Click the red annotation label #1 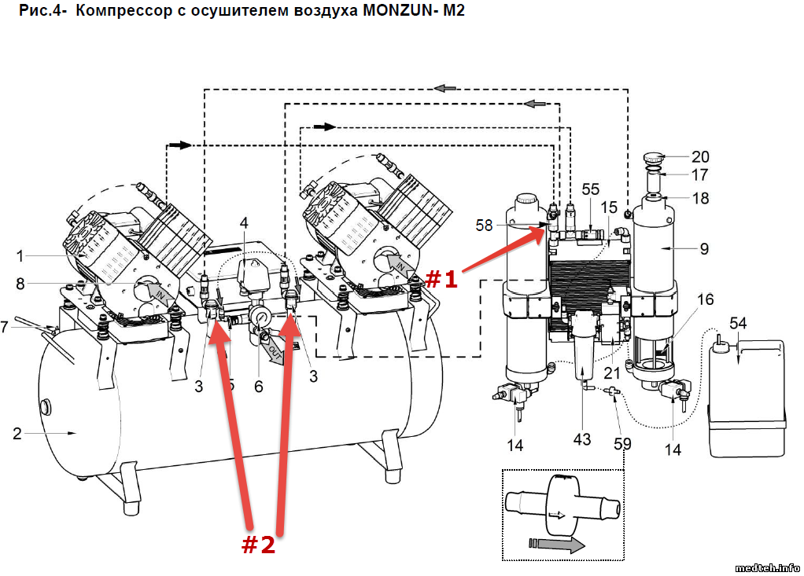pyautogui.click(x=441, y=279)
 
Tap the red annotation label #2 pyautogui.click(x=258, y=545)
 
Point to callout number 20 pyautogui.click(x=700, y=156)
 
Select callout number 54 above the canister pyautogui.click(x=738, y=324)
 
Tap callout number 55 pyautogui.click(x=590, y=189)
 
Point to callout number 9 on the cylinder pyautogui.click(x=704, y=249)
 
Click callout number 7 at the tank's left pyautogui.click(x=6, y=325)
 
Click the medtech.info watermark pyautogui.click(x=768, y=567)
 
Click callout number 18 pyautogui.click(x=700, y=198)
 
